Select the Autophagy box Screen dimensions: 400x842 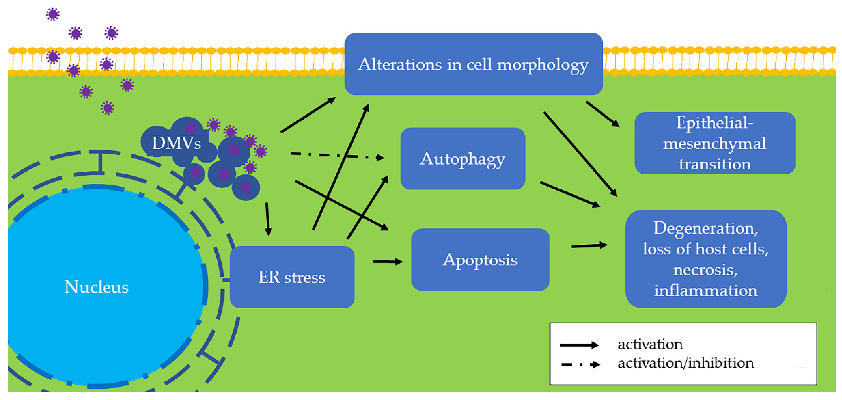click(x=462, y=159)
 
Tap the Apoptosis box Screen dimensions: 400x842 click(x=480, y=260)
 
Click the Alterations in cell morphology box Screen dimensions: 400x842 click(x=473, y=64)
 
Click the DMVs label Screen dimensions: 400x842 click(x=177, y=143)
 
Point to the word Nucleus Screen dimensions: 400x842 click(x=97, y=287)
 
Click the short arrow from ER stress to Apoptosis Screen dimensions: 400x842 click(x=388, y=262)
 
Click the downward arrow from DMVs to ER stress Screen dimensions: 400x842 click(x=268, y=219)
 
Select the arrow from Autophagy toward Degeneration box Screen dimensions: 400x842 click(x=570, y=195)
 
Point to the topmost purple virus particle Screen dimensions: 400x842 click(x=53, y=14)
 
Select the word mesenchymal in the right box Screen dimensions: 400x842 click(x=715, y=144)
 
